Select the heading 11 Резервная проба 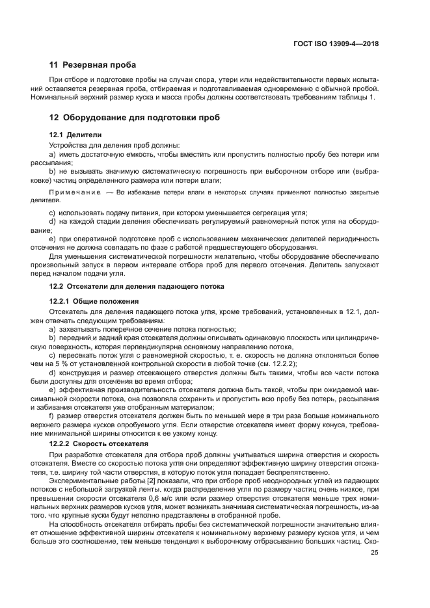pos(92,65)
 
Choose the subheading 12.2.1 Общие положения pos(94,301)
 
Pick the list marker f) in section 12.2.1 pos(52,414)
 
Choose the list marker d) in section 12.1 pos(53,222)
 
